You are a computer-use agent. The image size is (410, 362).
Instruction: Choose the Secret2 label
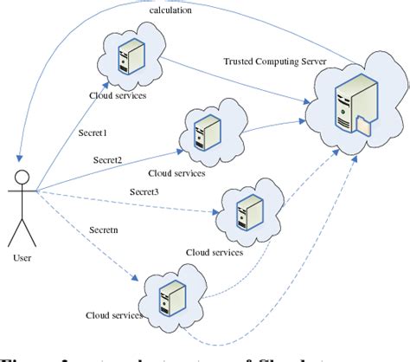point(109,159)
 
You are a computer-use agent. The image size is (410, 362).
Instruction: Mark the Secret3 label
point(147,191)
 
